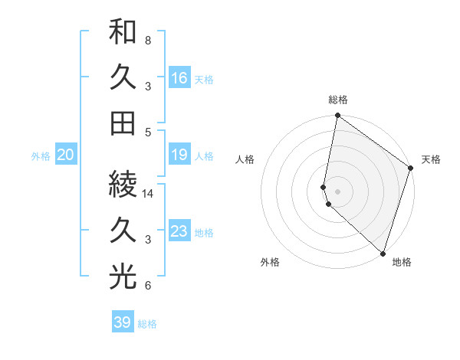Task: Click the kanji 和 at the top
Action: [x=123, y=32]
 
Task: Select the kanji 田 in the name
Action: [x=123, y=123]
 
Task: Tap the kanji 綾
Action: [x=123, y=185]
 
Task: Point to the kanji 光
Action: [x=123, y=277]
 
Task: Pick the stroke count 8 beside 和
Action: [x=147, y=40]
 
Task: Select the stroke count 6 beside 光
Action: [x=147, y=286]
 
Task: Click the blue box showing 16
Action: [x=179, y=78]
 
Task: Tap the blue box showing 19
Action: [x=179, y=155]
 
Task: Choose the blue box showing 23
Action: [x=179, y=232]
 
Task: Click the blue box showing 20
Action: [x=66, y=155]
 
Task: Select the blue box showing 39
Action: [x=123, y=322]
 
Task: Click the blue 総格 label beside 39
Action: [x=147, y=324]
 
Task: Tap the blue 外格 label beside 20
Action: [x=41, y=156]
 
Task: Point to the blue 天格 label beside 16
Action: [x=204, y=80]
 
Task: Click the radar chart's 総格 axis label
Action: [x=338, y=100]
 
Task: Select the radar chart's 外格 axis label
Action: [x=269, y=262]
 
